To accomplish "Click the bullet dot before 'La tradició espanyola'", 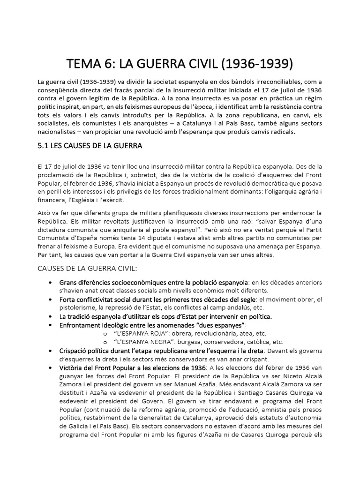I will coord(50,316).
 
